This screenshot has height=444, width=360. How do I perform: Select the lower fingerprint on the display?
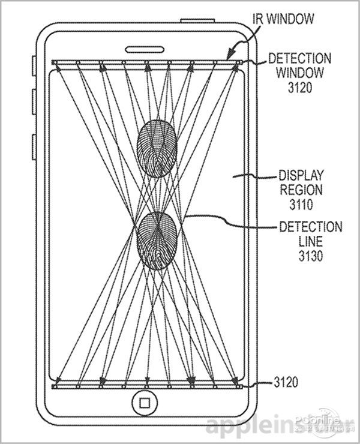[157, 239]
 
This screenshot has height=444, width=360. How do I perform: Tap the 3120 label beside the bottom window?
[287, 382]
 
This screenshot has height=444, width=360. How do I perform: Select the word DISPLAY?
[301, 176]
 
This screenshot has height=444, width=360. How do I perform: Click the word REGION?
[301, 191]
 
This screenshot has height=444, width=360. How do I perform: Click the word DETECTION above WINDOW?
[299, 59]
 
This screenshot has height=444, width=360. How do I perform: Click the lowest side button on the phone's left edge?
[34, 147]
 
